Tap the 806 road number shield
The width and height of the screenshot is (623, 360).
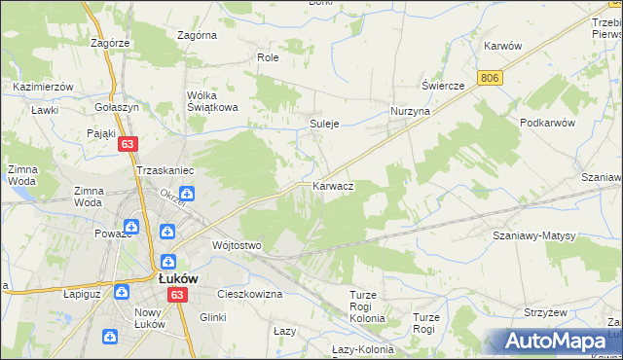tap(490, 77)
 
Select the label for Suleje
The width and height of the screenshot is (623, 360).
tap(323, 125)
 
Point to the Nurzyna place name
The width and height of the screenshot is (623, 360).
tap(410, 112)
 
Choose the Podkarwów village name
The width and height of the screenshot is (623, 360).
tap(549, 123)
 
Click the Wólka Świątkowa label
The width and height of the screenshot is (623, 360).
tap(214, 101)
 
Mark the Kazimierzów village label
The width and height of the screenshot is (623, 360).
tap(44, 87)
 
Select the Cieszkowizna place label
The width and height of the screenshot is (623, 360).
tap(250, 293)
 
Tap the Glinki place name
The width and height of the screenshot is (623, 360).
tap(212, 316)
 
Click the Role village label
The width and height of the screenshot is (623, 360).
tap(268, 58)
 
